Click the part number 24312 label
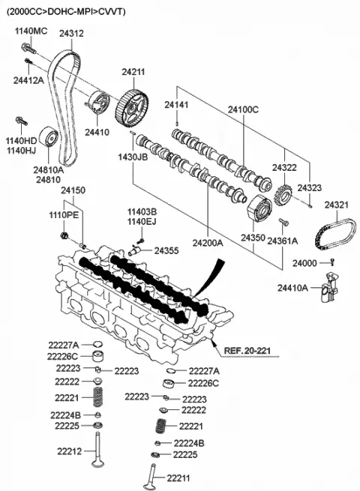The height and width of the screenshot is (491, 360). pyautogui.click(x=71, y=33)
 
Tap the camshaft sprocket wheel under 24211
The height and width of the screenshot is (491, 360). pyautogui.click(x=132, y=108)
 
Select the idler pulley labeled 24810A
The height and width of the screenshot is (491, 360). pyautogui.click(x=49, y=137)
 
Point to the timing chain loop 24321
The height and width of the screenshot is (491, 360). pyautogui.click(x=335, y=234)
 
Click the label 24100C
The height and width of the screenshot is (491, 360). pyautogui.click(x=243, y=109)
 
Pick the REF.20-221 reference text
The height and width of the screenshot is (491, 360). pyautogui.click(x=247, y=350)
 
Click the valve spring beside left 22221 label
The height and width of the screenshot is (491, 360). pyautogui.click(x=98, y=397)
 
